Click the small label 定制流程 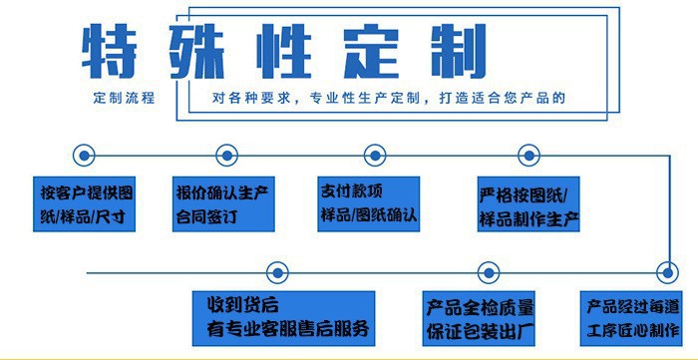(x=124, y=100)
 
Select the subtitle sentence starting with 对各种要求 (x=389, y=100)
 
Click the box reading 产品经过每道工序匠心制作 (x=631, y=315)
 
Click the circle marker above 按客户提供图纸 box (x=85, y=155)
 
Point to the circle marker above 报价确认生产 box (x=223, y=155)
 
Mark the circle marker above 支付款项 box (x=374, y=155)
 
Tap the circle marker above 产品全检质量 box (x=487, y=271)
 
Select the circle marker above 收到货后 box (x=279, y=271)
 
